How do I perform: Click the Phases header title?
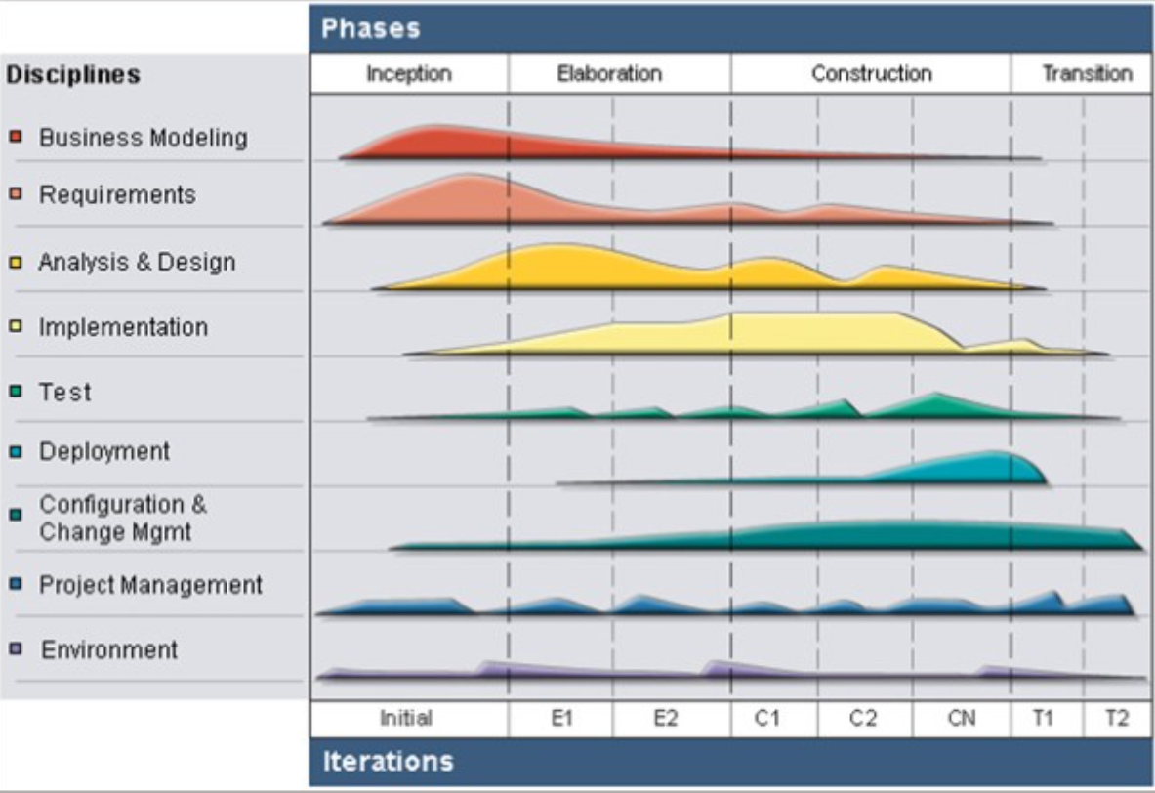coord(371,28)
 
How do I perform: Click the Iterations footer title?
coord(388,761)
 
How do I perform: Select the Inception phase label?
coord(409,74)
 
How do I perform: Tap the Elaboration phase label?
coord(609,74)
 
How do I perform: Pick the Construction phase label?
coord(871,74)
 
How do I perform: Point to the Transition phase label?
coord(1087,74)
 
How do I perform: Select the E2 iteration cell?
coord(665,719)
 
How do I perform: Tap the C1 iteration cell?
coord(767,719)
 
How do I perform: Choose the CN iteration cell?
coord(961,719)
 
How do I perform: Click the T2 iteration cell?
coord(1117,719)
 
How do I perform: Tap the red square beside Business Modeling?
coord(16,137)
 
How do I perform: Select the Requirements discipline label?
coord(117,195)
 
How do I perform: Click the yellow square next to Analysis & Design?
coord(16,262)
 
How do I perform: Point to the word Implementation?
coord(123,327)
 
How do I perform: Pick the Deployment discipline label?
coord(104,452)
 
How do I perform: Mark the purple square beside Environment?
coord(16,649)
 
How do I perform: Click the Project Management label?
coord(150,585)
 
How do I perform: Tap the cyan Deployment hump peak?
coord(996,454)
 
